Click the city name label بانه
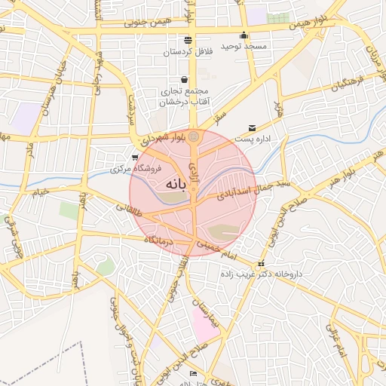[x=173, y=183]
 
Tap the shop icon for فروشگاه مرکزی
[x=134, y=158]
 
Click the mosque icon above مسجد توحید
[x=244, y=35]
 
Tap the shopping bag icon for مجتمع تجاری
[x=184, y=79]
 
